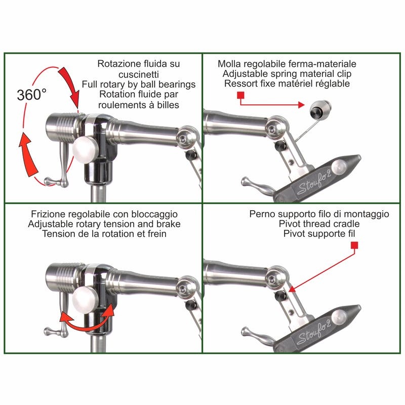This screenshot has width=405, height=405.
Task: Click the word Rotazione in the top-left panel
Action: [115, 64]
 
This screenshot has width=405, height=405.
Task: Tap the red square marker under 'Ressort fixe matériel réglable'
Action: [240, 95]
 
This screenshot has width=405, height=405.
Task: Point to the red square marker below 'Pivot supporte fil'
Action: [354, 246]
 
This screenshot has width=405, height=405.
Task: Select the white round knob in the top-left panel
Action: [85, 149]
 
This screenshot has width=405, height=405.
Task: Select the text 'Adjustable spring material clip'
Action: [287, 74]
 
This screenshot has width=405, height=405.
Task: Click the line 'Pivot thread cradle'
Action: [319, 224]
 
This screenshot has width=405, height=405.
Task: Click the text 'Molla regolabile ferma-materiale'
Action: [287, 64]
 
